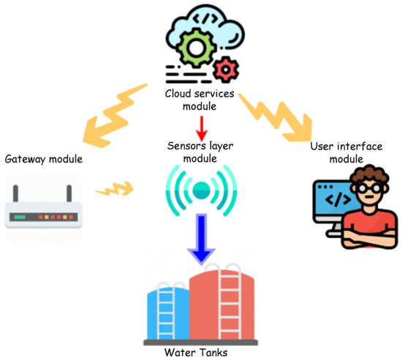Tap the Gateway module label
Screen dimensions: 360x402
point(43,159)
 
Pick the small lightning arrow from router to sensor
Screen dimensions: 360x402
point(118,192)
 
